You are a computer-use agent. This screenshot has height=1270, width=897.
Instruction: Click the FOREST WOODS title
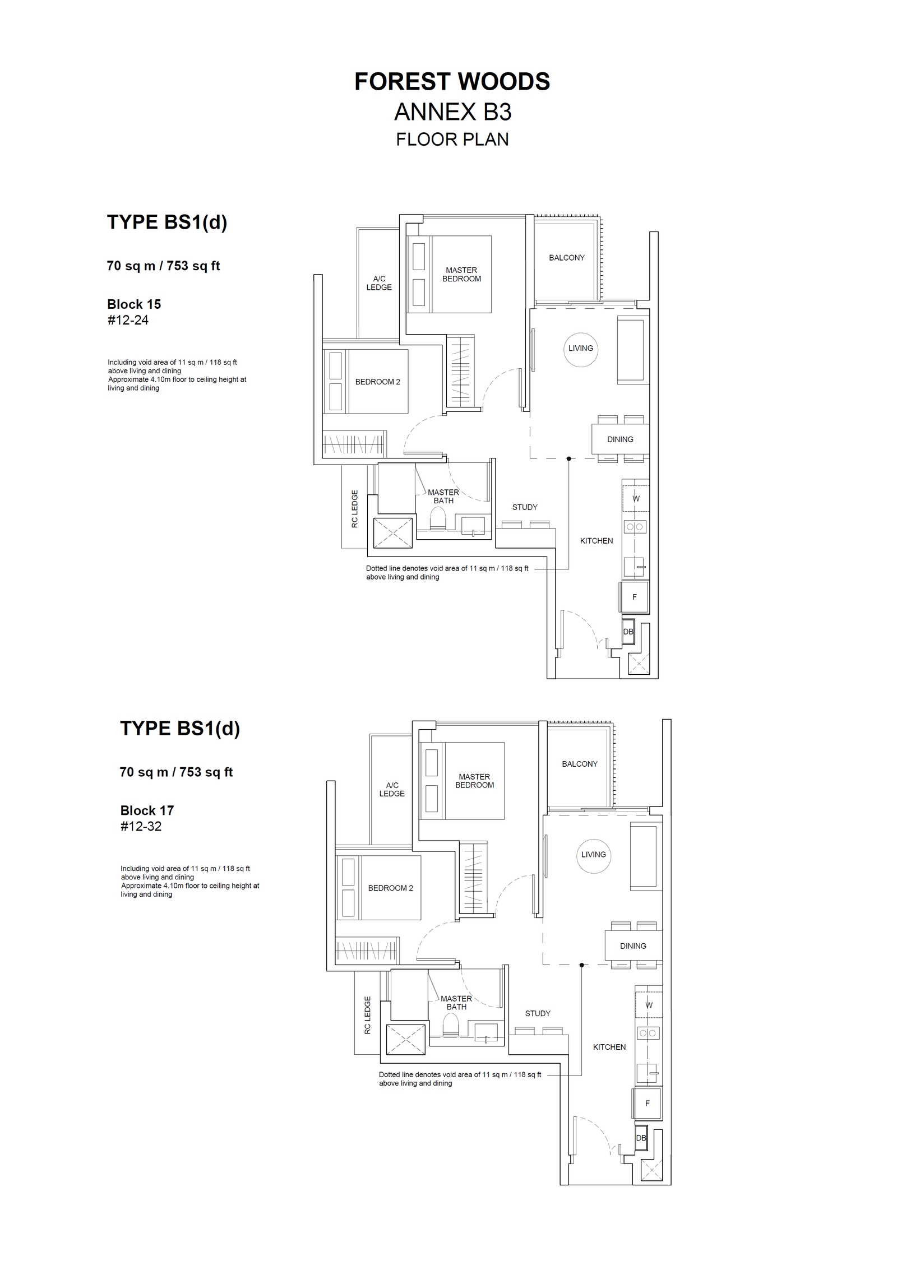click(x=452, y=82)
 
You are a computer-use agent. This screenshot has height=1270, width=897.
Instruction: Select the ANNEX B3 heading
click(x=452, y=112)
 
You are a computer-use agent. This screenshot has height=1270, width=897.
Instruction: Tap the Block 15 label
click(x=134, y=304)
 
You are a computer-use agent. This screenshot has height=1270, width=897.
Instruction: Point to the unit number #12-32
click(x=141, y=826)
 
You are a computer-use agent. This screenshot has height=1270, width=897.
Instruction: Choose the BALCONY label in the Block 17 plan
click(x=580, y=764)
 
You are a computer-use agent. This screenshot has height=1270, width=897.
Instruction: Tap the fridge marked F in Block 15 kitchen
click(x=635, y=597)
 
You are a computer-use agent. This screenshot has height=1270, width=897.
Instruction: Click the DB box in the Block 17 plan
click(x=641, y=1138)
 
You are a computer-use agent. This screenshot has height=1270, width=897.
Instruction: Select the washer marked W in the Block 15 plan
click(x=636, y=498)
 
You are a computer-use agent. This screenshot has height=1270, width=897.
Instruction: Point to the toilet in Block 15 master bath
click(x=437, y=520)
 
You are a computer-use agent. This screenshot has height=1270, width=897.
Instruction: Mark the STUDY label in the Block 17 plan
click(x=538, y=1013)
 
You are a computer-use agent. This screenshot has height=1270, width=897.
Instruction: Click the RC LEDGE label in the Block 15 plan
click(x=354, y=509)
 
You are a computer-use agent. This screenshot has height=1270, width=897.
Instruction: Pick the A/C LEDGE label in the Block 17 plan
click(x=392, y=789)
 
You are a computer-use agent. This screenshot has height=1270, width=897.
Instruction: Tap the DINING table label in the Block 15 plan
click(x=620, y=439)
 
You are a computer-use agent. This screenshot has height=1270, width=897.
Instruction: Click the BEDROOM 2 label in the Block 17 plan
click(x=390, y=888)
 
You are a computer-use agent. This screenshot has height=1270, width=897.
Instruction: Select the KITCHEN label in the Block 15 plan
click(x=597, y=541)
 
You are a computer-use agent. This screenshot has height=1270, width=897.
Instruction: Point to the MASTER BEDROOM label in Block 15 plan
click(x=461, y=275)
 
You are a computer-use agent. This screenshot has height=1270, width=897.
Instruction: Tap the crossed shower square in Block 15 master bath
click(x=393, y=533)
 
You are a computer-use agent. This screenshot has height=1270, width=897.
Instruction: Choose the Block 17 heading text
click(x=147, y=810)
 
